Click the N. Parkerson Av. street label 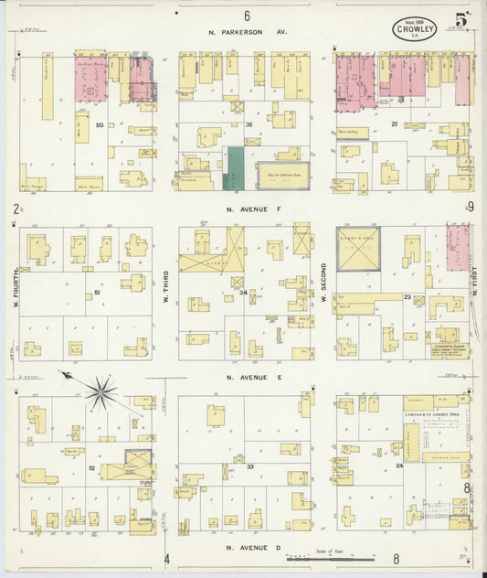click(x=248, y=32)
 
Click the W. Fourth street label click(x=16, y=293)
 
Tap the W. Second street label click(x=323, y=293)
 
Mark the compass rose click(x=101, y=392)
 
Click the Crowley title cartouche click(x=415, y=29)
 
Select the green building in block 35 click(x=235, y=168)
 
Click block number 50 click(x=99, y=124)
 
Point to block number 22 click(x=395, y=123)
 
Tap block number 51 click(x=97, y=293)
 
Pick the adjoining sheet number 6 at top click(x=247, y=16)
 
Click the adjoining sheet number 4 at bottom click(x=167, y=558)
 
